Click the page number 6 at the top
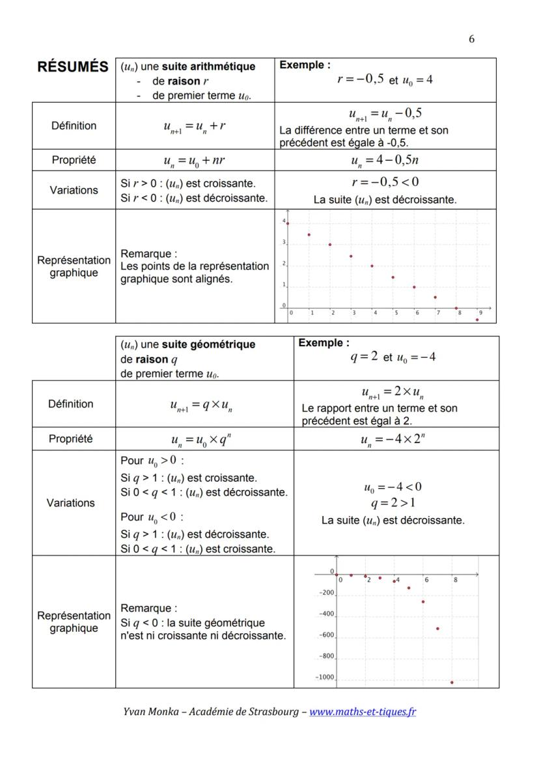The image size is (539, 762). click(471, 39)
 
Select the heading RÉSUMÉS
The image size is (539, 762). click(73, 68)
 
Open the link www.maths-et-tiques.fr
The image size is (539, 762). click(363, 711)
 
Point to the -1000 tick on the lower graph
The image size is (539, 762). click(324, 677)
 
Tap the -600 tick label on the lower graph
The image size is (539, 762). click(325, 635)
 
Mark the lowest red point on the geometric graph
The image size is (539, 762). click(452, 683)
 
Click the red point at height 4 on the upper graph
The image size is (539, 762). click(288, 223)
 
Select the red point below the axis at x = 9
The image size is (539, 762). click(477, 320)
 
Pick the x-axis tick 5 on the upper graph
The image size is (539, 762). click(395, 313)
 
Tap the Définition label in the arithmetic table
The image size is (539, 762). click(74, 126)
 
